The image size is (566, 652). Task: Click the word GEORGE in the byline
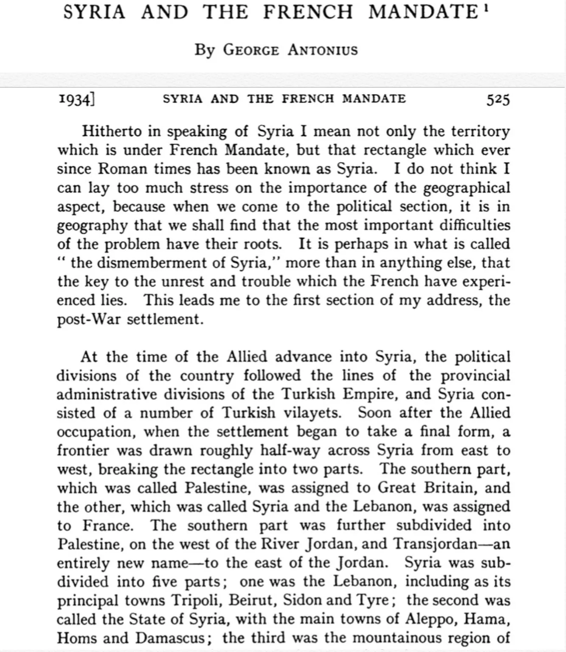pyautogui.click(x=251, y=50)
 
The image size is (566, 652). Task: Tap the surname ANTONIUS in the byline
pyautogui.click(x=322, y=50)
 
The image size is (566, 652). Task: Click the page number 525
pyautogui.click(x=498, y=99)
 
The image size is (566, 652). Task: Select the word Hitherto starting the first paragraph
pyautogui.click(x=112, y=131)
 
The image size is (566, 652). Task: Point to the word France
pyautogui.click(x=107, y=526)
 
